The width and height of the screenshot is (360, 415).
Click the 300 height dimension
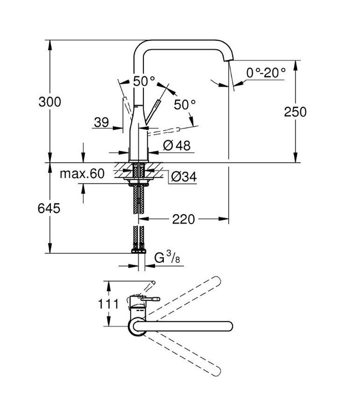pyautogui.click(x=50, y=102)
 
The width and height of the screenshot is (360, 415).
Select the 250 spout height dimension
pyautogui.click(x=295, y=111)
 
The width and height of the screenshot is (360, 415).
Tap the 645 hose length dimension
pyautogui.click(x=50, y=208)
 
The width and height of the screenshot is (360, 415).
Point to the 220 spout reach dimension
pyautogui.click(x=183, y=219)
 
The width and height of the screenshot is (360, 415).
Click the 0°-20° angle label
pyautogui.click(x=266, y=71)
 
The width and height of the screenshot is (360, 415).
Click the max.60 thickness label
pyautogui.click(x=82, y=174)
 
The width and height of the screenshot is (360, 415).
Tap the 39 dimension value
pyautogui.click(x=101, y=123)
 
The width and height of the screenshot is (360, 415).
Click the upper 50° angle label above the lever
pyautogui.click(x=144, y=81)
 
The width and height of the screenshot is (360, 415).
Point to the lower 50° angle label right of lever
pyautogui.click(x=185, y=104)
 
